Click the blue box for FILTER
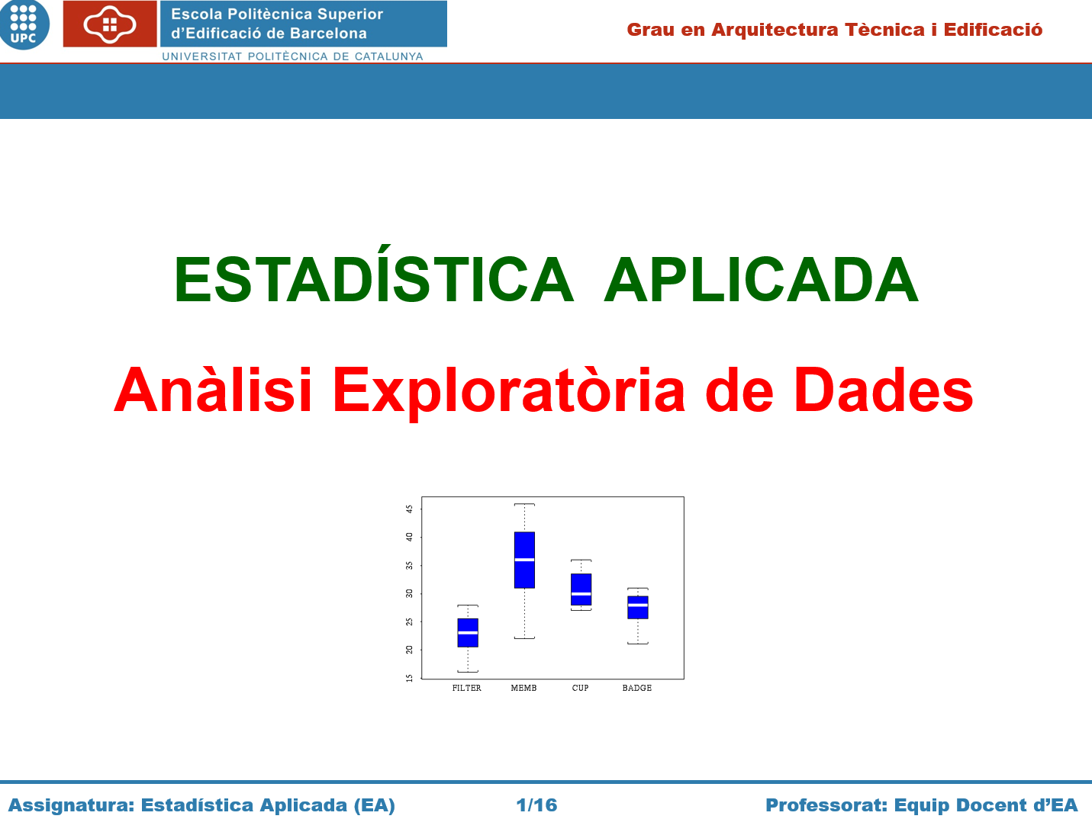tap(468, 633)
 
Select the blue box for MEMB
tap(524, 560)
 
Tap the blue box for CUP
tap(581, 589)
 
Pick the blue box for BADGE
tap(638, 607)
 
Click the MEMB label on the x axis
tap(523, 688)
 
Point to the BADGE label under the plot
tap(636, 688)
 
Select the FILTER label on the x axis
tap(467, 688)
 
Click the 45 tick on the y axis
tap(410, 509)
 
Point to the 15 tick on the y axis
tap(410, 678)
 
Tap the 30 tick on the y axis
tap(410, 593)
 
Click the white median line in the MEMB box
tap(524, 560)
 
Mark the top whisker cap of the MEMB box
tap(524, 504)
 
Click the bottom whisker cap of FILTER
tap(468, 672)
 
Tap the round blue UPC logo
tap(24, 24)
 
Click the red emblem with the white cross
tap(110, 24)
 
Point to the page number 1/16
tap(536, 805)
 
